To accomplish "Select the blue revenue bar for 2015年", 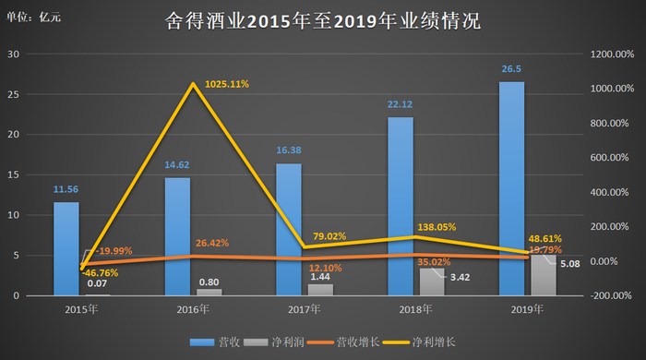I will click(x=66, y=248).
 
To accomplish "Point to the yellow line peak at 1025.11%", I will click(x=192, y=85).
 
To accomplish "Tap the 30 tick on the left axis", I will click(x=13, y=54).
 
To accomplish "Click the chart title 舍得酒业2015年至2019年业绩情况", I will click(x=322, y=20).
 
